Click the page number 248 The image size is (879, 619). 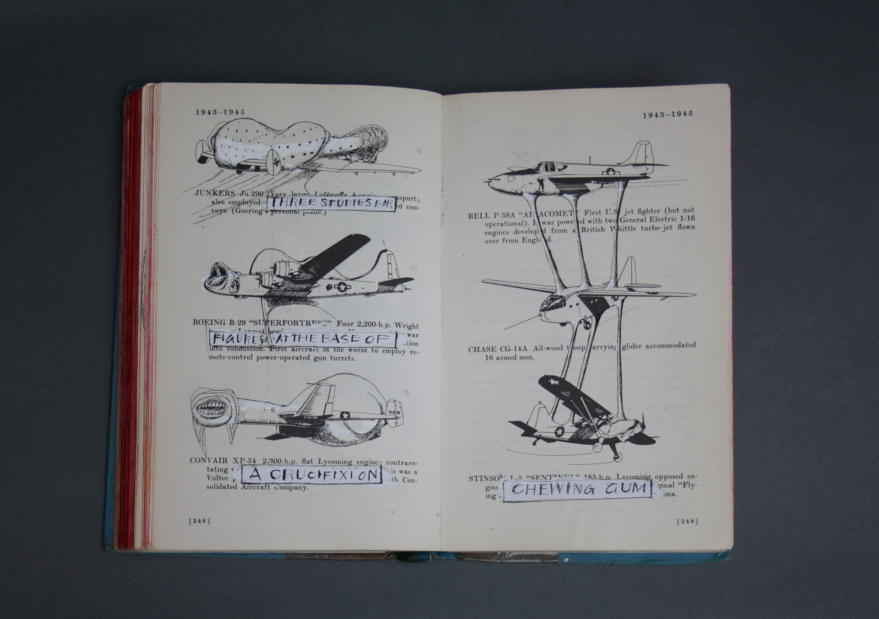(x=200, y=521)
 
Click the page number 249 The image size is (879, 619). (x=687, y=521)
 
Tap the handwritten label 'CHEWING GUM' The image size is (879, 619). (x=577, y=489)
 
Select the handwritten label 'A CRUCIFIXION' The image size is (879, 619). (x=312, y=474)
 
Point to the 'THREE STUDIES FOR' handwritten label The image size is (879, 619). (x=331, y=204)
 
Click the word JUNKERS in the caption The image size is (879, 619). (x=214, y=193)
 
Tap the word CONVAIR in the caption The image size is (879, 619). (x=208, y=460)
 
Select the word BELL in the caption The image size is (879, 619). (x=477, y=215)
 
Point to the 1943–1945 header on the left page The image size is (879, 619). (x=220, y=112)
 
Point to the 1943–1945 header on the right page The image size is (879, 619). (x=667, y=114)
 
